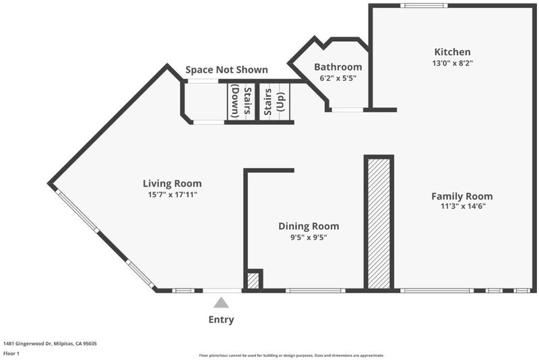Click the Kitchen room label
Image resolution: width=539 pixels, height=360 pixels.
452,52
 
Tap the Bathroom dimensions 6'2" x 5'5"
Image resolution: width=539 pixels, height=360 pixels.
338,78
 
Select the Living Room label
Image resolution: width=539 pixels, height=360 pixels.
172,183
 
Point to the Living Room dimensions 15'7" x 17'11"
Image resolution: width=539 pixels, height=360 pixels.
172,195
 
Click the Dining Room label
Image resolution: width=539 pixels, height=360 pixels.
309,227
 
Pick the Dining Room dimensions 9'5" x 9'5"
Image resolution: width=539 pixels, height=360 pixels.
309,237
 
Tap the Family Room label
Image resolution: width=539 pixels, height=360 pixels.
462,196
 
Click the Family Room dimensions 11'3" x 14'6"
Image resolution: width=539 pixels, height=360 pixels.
463,206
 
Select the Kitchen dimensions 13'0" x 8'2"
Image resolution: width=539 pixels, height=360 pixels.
453,63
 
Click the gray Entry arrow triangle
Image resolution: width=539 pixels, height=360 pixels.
221,303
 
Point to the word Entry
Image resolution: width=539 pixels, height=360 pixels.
221,320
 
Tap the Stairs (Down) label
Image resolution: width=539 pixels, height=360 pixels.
241,101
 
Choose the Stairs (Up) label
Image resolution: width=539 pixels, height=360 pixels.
275,102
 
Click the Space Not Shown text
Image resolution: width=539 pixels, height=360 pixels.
226,70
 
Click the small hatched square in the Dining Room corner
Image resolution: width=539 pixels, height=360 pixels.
253,280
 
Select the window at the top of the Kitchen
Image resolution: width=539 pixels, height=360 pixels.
424,5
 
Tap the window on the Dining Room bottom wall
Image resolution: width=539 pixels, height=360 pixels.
315,291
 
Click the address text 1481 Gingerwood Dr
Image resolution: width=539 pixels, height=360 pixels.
27,344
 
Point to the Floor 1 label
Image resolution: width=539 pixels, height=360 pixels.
11,353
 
